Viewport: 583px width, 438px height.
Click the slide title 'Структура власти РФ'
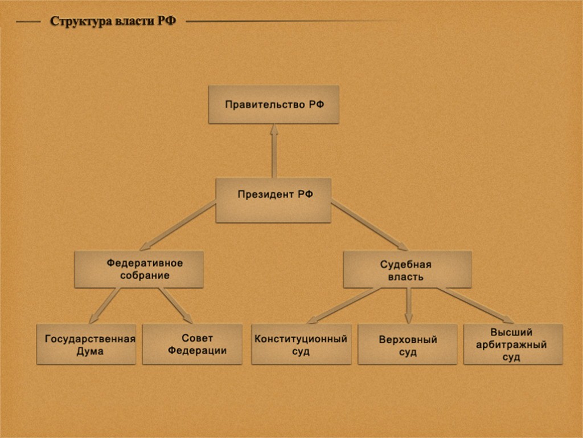click(113, 22)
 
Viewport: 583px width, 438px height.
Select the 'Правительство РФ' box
click(273, 104)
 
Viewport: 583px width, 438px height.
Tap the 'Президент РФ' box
click(273, 200)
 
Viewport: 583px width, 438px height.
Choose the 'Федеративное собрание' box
click(139, 269)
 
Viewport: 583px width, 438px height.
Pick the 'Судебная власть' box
click(407, 269)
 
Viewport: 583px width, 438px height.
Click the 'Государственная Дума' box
click(87, 344)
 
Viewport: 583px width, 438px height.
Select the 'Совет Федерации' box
click(192, 344)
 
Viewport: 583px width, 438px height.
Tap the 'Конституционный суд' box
click(301, 344)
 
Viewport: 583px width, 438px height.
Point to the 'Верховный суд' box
click(407, 344)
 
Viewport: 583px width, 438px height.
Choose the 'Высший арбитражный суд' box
click(513, 344)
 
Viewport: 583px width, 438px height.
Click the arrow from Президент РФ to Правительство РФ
click(274, 151)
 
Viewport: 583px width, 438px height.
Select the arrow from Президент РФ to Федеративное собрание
click(178, 226)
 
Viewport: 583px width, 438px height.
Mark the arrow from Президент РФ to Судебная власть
click(369, 226)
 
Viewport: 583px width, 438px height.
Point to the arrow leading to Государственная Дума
click(105, 305)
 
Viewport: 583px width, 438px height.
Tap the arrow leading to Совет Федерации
click(175, 305)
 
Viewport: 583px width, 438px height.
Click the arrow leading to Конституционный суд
click(342, 305)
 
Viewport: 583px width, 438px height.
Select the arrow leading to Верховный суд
click(408, 305)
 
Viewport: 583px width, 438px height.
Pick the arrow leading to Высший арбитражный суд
click(475, 305)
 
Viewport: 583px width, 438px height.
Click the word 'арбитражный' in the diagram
click(513, 344)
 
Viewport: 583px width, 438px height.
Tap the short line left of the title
click(28, 22)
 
